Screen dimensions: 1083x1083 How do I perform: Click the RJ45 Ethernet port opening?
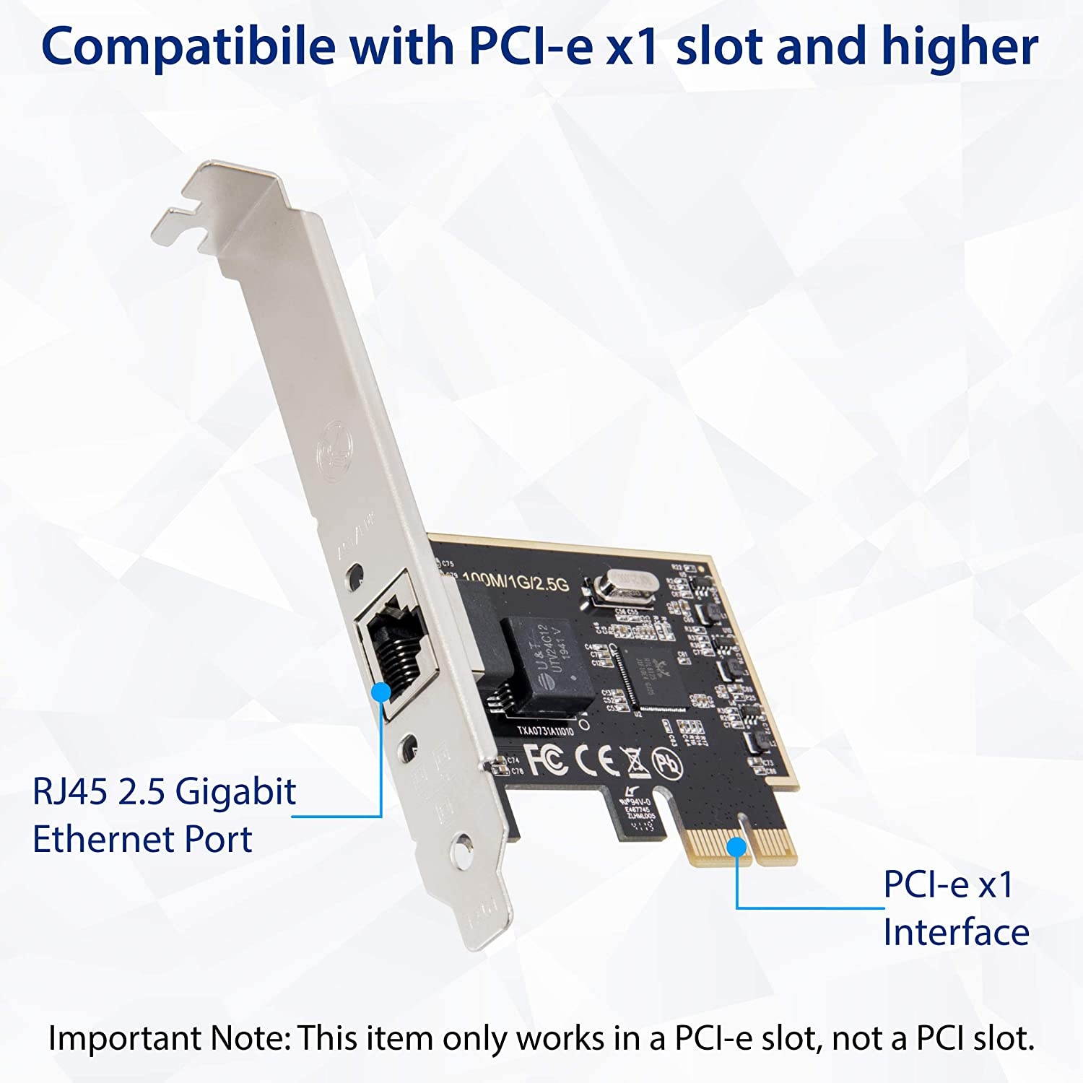[x=393, y=646]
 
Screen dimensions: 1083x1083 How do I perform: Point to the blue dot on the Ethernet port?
[x=381, y=691]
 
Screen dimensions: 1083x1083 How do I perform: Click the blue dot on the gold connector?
[x=736, y=845]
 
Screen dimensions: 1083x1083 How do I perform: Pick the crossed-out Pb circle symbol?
[x=666, y=762]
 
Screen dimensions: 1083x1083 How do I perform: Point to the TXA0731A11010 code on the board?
[x=546, y=730]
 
